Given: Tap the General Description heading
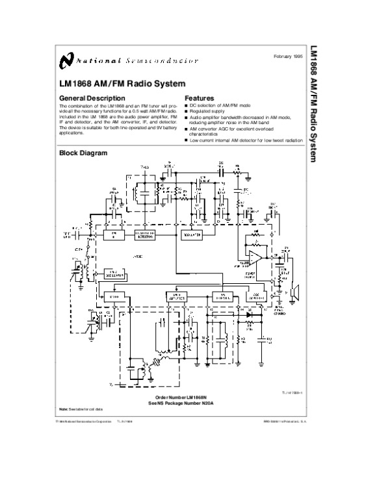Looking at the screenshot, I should click(x=88, y=98).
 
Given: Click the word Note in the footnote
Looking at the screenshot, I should click(x=63, y=409).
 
